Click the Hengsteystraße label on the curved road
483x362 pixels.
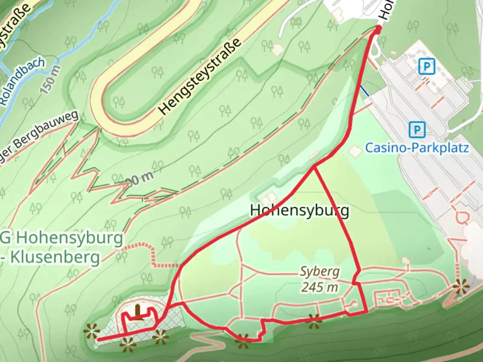click(x=200, y=76)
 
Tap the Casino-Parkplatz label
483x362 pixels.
click(x=417, y=148)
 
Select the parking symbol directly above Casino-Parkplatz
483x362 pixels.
click(x=417, y=129)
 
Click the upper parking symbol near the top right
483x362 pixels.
click(x=427, y=67)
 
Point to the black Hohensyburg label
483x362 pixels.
click(x=300, y=210)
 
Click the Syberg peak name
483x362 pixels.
click(x=320, y=271)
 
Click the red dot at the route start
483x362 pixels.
click(x=378, y=29)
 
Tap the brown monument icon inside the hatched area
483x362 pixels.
click(x=138, y=312)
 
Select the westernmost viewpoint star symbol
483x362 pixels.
click(x=92, y=332)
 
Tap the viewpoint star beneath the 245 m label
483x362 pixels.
click(x=314, y=321)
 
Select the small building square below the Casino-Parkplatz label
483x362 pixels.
click(x=355, y=150)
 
